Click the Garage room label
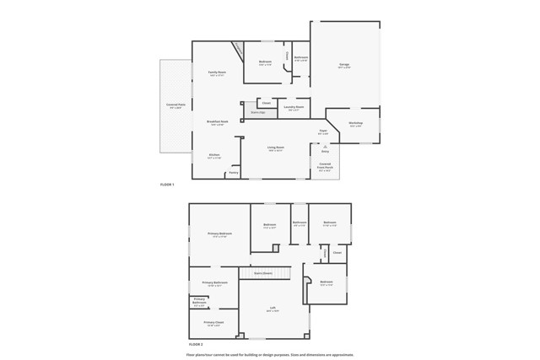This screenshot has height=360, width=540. point(343,64)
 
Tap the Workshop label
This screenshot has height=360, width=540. point(355,123)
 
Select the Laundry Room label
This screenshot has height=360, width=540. point(293,107)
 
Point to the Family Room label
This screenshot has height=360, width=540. point(217,73)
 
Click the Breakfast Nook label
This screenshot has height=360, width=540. point(218,121)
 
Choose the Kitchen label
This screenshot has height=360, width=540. point(214,155)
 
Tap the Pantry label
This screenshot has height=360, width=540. point(234,172)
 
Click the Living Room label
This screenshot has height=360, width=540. point(276,148)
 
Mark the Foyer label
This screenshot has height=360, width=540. point(323,131)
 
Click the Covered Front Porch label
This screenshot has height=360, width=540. point(325,165)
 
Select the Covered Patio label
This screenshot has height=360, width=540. point(176,105)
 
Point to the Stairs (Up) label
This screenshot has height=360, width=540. point(257,112)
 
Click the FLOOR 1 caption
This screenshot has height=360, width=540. point(167,184)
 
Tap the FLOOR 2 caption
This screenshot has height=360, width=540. point(196,345)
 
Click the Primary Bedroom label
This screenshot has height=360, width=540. point(219,234)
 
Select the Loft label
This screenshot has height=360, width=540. point(273,309)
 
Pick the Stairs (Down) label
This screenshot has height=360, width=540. point(263,272)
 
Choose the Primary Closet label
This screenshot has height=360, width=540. point(213,322)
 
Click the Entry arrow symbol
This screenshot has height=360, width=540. point(325,147)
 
